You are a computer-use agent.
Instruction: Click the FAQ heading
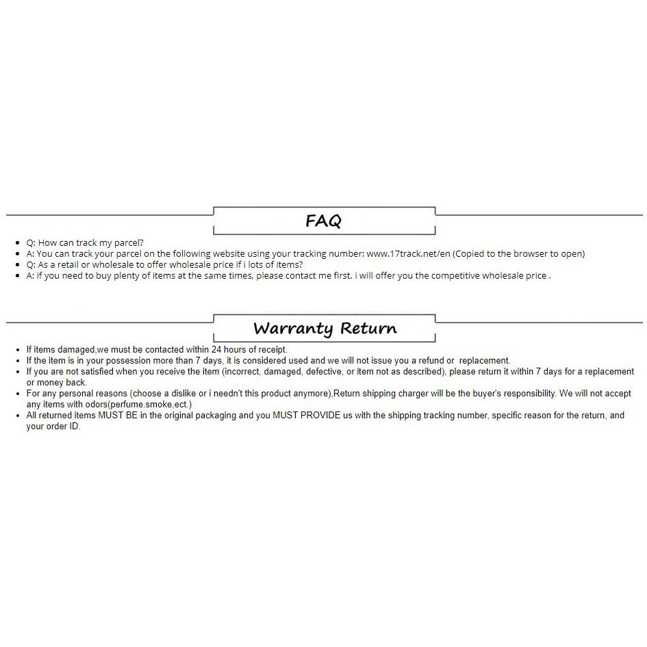323,220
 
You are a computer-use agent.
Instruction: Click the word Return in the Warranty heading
368,328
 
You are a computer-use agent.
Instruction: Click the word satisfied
94,372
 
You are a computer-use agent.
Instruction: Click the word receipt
271,350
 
